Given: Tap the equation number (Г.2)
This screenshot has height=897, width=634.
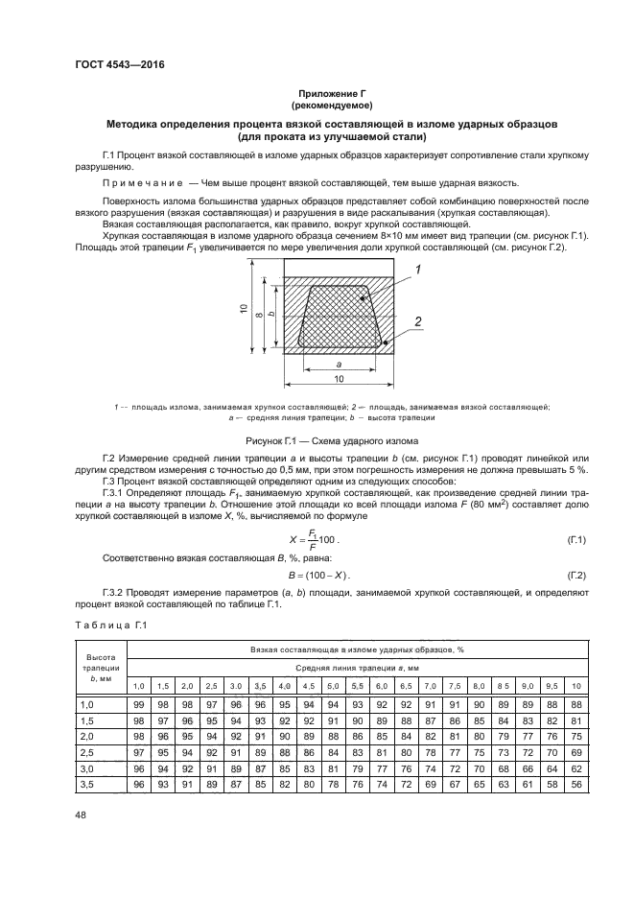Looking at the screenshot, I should pyautogui.click(x=578, y=575).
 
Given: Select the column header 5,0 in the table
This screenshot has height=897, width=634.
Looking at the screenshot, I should pyautogui.click(x=333, y=686).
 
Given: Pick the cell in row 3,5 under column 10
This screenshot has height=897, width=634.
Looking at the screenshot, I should pyautogui.click(x=575, y=786).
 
